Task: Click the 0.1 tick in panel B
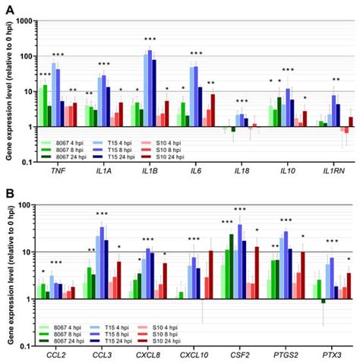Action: pyautogui.click(x=30, y=346)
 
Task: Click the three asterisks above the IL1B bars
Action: pyautogui.click(x=150, y=38)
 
